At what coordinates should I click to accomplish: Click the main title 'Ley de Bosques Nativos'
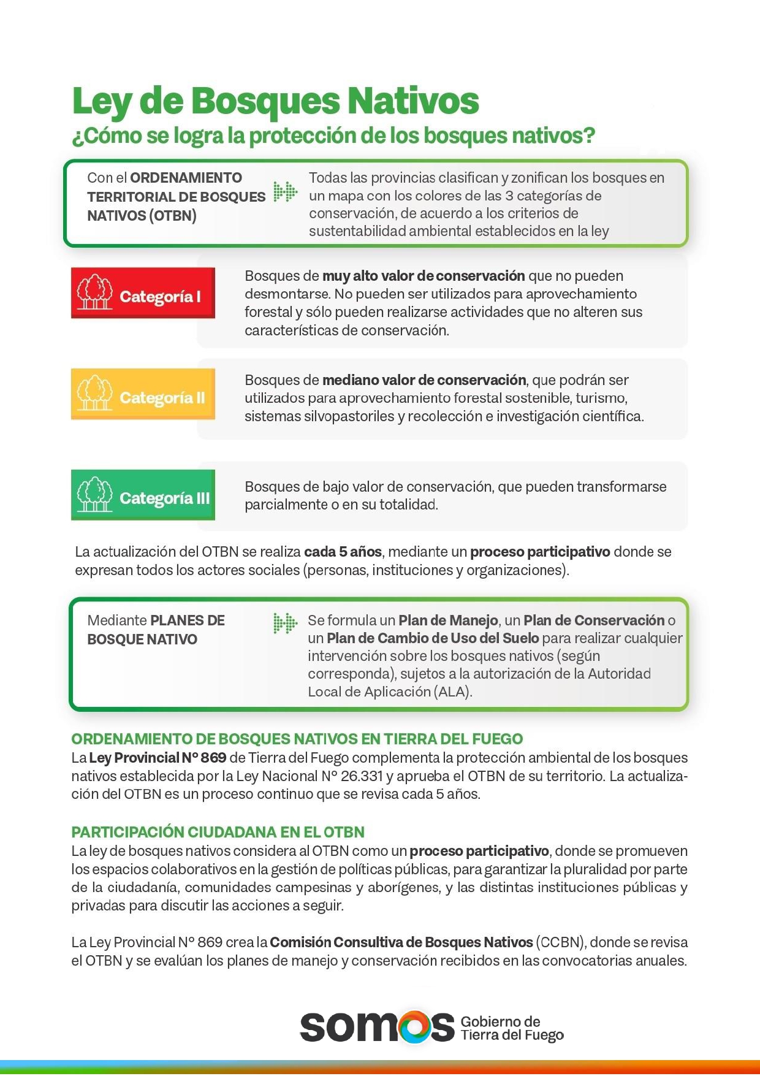coord(275,101)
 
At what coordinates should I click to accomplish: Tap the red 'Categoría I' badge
coord(143,293)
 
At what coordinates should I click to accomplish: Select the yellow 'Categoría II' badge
coord(143,394)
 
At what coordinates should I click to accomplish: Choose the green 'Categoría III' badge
coord(143,495)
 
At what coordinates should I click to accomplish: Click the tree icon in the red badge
coord(94,292)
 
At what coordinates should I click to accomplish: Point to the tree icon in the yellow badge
coord(94,393)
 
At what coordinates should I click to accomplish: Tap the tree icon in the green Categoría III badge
coord(94,494)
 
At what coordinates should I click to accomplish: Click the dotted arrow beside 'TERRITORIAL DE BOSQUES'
coord(285,192)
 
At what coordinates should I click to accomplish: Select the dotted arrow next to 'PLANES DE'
coord(285,623)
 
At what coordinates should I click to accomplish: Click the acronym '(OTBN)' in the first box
coord(173,216)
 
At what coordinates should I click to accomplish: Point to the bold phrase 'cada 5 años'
coord(343,552)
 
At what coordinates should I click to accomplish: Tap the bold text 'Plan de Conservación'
coord(594,620)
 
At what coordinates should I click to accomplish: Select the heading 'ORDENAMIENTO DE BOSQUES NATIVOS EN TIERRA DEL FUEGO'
coord(297,739)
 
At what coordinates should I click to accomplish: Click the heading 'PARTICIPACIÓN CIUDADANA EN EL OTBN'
coord(218,832)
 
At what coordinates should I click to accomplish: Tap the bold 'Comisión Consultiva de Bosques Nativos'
coord(401,942)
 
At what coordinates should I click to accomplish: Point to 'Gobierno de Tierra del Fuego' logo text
coord(512,1028)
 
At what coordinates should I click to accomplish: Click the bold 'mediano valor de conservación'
coord(424,380)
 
